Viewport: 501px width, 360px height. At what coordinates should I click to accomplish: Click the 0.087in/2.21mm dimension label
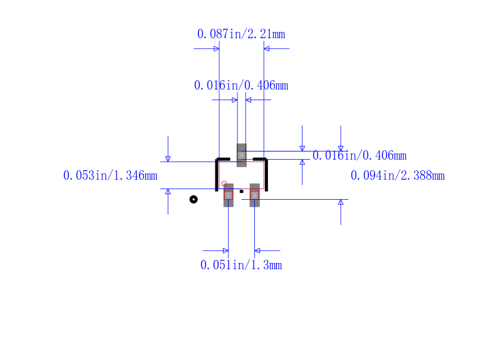click(x=241, y=34)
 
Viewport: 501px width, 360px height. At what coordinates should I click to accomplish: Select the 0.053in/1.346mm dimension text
click(x=110, y=175)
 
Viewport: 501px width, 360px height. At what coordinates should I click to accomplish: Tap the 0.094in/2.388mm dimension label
click(x=398, y=175)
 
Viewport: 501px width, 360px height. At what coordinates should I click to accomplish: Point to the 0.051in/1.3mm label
click(x=241, y=265)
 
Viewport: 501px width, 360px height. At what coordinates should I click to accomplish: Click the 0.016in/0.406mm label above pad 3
click(x=241, y=85)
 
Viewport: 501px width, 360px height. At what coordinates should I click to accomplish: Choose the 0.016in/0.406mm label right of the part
click(x=359, y=155)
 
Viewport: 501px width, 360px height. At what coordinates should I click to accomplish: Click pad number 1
click(x=229, y=195)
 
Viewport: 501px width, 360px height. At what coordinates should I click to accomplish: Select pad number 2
click(x=255, y=195)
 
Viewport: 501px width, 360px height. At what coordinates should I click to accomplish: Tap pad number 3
click(x=242, y=155)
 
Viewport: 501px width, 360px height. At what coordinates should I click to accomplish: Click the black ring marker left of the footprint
click(x=194, y=199)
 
